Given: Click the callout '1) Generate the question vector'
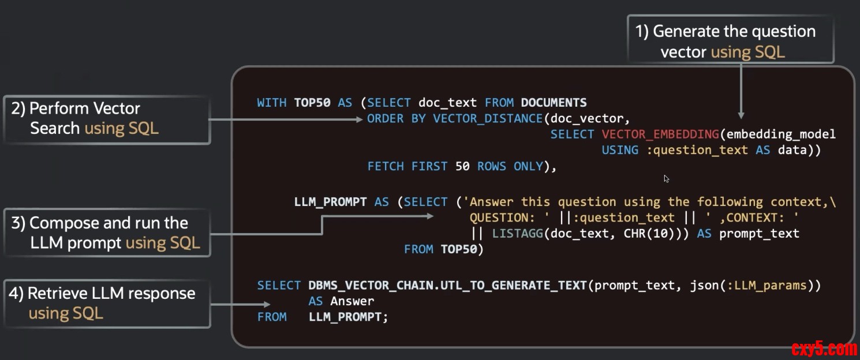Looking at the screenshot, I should pyautogui.click(x=730, y=40).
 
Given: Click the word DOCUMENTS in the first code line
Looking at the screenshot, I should pyautogui.click(x=554, y=103).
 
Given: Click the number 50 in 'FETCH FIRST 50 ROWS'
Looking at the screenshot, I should pyautogui.click(x=462, y=166).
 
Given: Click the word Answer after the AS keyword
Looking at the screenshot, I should pyautogui.click(x=352, y=301).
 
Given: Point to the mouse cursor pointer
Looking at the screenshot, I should pyautogui.click(x=667, y=179).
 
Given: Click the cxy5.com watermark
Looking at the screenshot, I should pyautogui.click(x=824, y=348).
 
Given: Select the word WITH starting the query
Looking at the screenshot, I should pyautogui.click(x=271, y=103).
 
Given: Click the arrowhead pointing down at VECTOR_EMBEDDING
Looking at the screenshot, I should pyautogui.click(x=741, y=115).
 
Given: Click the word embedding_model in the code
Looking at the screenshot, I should pyautogui.click(x=781, y=134).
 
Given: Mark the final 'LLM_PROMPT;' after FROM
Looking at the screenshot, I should pyautogui.click(x=345, y=317).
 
